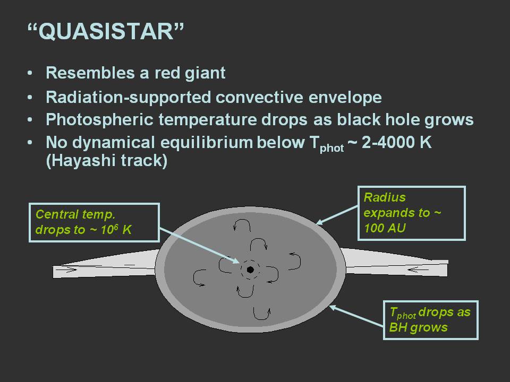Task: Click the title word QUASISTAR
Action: pos(106,31)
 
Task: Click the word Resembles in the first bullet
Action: pos(90,73)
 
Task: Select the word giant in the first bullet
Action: pos(205,73)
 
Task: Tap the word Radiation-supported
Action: pos(128,97)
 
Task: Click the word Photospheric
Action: pos(99,119)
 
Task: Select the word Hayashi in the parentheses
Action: pos(84,160)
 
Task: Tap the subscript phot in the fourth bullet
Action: pos(331,149)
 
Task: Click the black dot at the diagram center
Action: pos(250,270)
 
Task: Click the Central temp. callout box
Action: pos(95,222)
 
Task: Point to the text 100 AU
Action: pos(385,228)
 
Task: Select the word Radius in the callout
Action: pos(385,197)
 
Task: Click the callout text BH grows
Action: pos(418,327)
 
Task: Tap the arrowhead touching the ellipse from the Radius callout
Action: pos(320,222)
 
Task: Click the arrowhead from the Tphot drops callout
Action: pos(333,307)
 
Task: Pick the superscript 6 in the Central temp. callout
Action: pos(116,226)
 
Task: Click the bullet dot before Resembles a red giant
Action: pos(30,73)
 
